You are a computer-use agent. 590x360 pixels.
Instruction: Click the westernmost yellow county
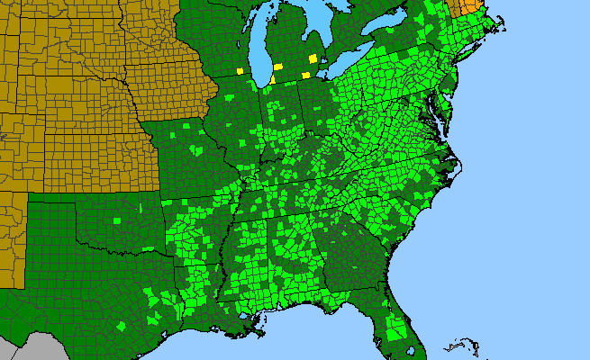[x=240, y=70]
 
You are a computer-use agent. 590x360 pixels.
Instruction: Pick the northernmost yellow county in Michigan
[x=313, y=58]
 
